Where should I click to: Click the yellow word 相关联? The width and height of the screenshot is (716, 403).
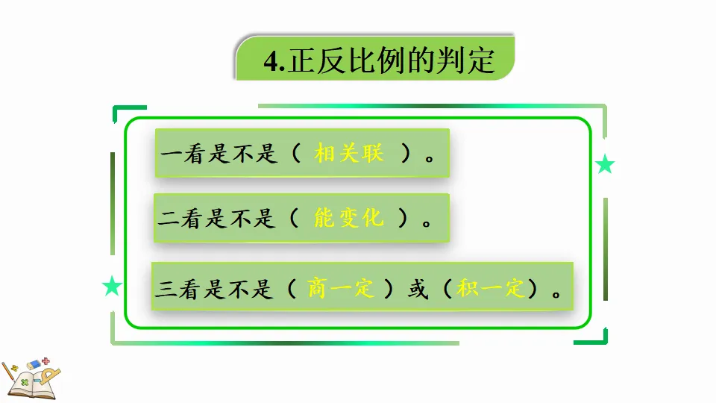tap(349, 154)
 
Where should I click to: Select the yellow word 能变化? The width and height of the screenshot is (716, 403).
tap(349, 218)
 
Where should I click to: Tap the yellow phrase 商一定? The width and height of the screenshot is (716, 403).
tap(341, 289)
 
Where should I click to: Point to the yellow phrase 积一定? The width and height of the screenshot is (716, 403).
tap(492, 289)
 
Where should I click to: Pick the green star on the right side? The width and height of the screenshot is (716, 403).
tap(605, 165)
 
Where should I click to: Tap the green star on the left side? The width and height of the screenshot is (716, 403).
tap(112, 286)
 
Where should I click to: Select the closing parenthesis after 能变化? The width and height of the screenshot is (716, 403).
tap(403, 219)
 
